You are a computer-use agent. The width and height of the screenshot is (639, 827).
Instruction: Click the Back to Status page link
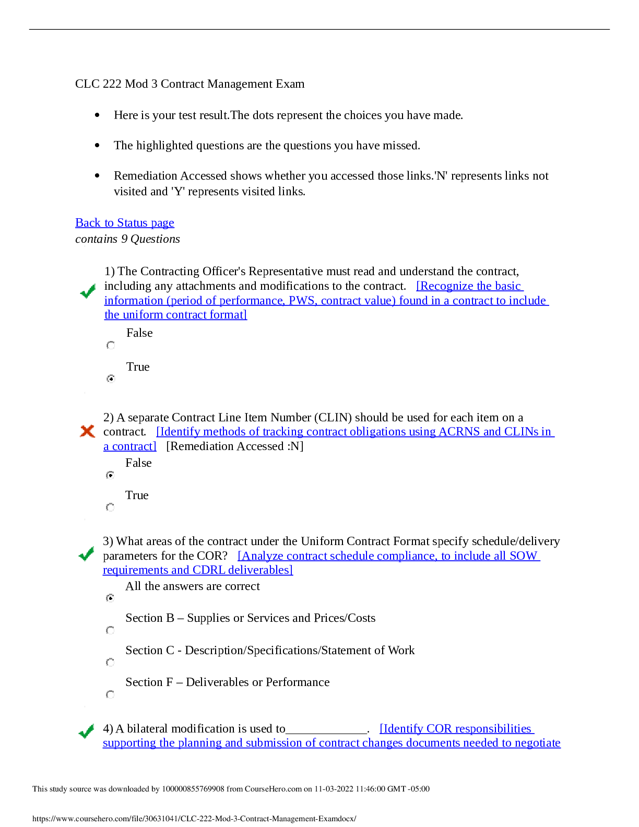pos(124,223)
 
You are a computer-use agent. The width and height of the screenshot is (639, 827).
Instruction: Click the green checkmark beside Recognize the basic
pos(88,291)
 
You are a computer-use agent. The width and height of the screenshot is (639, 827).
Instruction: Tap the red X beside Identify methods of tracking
pos(87,431)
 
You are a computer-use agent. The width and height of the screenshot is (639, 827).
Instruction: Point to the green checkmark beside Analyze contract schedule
pos(86,553)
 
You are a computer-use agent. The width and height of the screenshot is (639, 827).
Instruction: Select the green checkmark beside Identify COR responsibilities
pos(86,731)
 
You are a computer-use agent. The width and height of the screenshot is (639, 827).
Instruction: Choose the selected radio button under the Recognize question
pos(111,379)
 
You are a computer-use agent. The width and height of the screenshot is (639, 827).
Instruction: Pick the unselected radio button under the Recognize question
pos(111,345)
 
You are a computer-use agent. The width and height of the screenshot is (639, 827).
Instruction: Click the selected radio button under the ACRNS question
pos(110,475)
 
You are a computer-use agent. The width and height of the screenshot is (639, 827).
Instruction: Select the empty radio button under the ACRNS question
pos(110,507)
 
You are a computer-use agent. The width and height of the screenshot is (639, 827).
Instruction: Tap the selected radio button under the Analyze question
pos(110,598)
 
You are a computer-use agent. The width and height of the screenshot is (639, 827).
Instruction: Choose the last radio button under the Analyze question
pos(110,694)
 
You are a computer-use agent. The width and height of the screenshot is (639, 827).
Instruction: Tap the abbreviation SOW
pos(523,556)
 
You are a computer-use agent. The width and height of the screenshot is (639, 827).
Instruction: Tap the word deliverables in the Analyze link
pos(259,570)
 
